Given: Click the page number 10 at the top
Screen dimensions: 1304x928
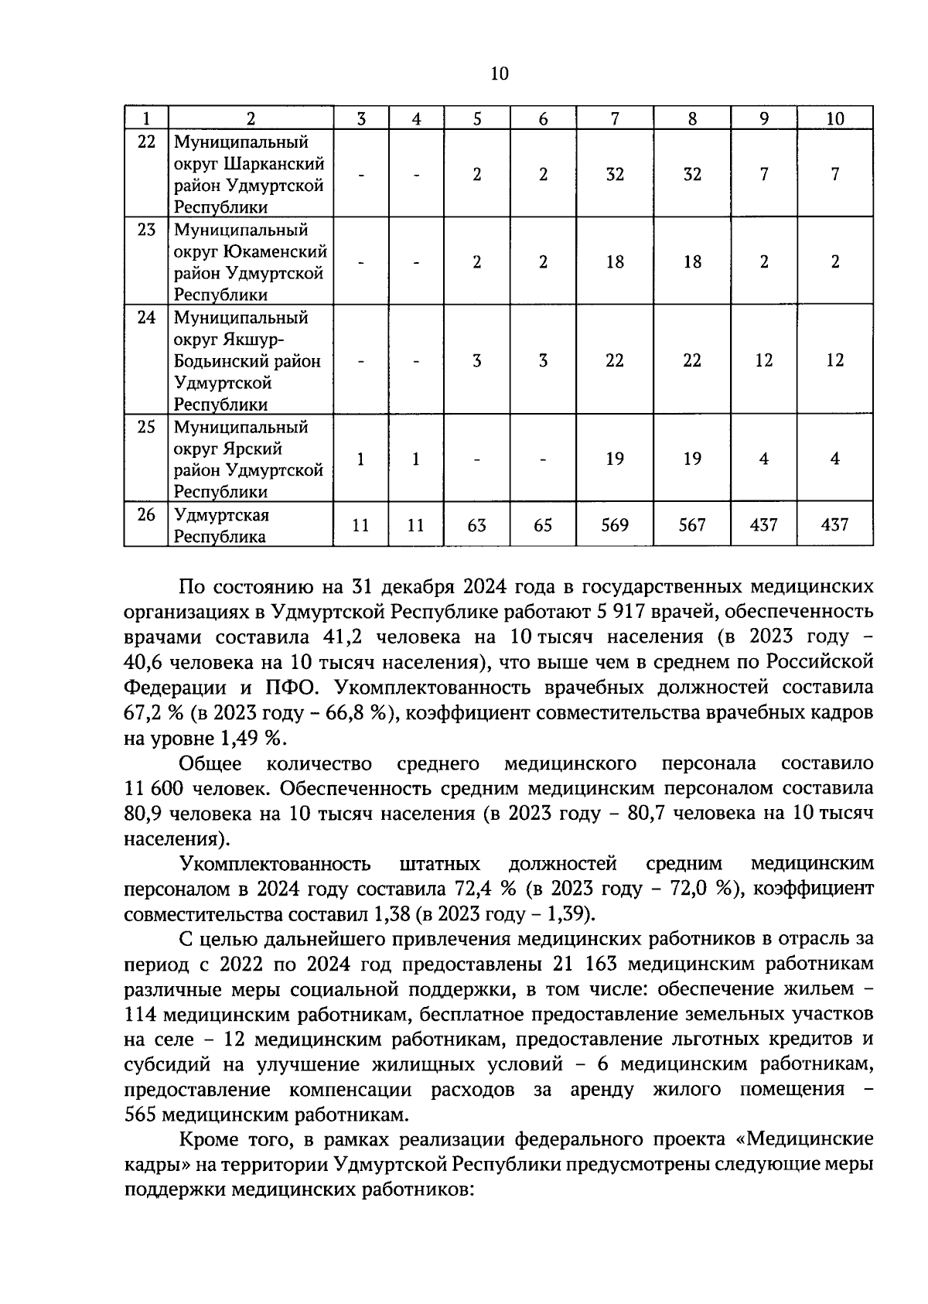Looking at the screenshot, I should pyautogui.click(x=499, y=73).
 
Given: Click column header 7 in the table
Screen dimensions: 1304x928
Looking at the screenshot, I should pyautogui.click(x=615, y=118).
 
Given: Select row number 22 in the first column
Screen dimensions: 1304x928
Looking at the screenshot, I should pyautogui.click(x=146, y=142).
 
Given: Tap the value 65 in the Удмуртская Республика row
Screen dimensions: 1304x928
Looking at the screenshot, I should pyautogui.click(x=543, y=525).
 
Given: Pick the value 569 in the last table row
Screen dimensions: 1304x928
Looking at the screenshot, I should pyautogui.click(x=615, y=525).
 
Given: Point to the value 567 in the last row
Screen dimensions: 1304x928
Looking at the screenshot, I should pyautogui.click(x=692, y=525).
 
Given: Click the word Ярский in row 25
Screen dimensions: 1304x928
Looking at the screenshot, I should pyautogui.click(x=254, y=449).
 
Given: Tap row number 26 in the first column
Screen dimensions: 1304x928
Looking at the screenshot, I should pyautogui.click(x=146, y=515).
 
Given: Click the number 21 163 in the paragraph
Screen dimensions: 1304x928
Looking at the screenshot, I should pyautogui.click(x=583, y=964).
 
